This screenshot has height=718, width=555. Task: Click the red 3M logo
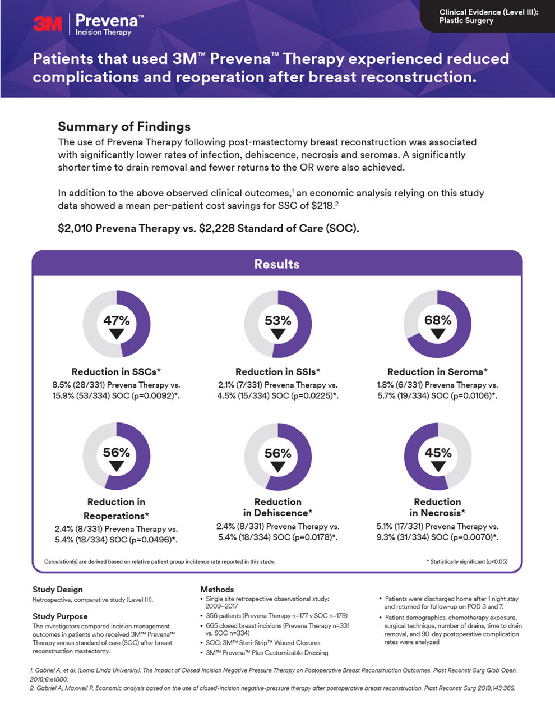[x=48, y=23]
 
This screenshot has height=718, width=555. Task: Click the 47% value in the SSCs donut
[x=117, y=320]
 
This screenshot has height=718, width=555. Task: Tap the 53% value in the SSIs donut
[x=278, y=320]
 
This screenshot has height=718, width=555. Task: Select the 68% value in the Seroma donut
[x=438, y=320]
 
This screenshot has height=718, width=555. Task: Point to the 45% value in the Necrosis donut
[x=438, y=453]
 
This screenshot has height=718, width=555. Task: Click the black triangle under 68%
[x=438, y=334]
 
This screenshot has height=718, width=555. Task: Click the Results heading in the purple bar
[x=277, y=264]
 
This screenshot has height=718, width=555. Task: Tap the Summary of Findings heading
[x=124, y=126]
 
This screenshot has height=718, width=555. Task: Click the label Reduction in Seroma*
[x=437, y=371]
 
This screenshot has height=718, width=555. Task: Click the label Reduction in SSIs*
[x=277, y=371]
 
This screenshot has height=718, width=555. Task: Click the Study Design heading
[x=57, y=589]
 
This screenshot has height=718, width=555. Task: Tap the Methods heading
[x=217, y=589]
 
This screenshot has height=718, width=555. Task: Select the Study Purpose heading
[x=60, y=616]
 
